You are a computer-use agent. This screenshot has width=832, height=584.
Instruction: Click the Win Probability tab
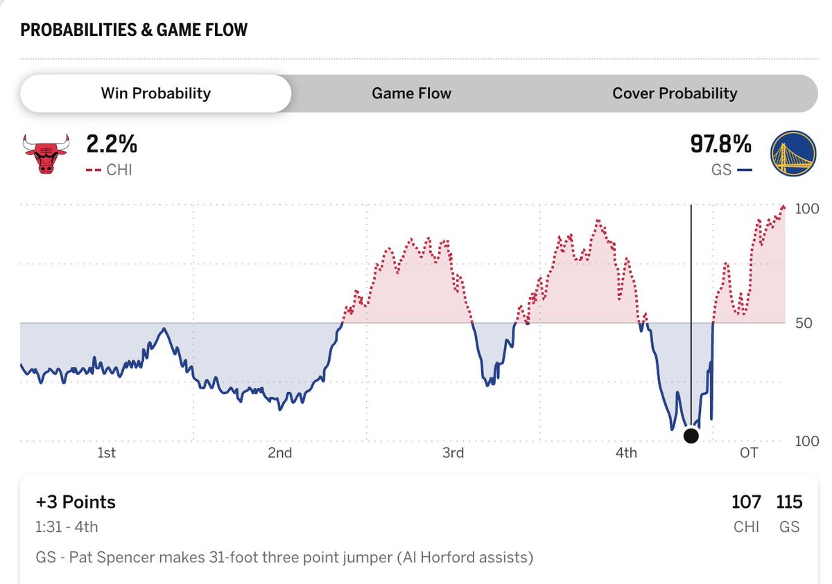coord(155,94)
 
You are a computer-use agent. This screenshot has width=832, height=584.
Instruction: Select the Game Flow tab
coord(411,94)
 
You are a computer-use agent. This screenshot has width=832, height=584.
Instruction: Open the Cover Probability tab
coord(674,94)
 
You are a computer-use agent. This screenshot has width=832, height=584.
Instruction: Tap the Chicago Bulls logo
coord(46,153)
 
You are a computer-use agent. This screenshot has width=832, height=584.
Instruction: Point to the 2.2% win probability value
coord(112,145)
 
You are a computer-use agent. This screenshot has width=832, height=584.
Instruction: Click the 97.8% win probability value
coord(720,145)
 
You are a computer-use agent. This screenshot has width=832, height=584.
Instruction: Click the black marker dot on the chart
coord(691,436)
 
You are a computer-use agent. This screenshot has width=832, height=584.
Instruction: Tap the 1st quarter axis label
coord(106,453)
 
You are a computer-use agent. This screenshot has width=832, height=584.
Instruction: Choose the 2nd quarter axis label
coord(279,453)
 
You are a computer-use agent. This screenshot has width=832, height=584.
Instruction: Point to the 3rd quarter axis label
coord(453,453)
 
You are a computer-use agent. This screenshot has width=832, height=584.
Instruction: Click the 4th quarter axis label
coord(626,453)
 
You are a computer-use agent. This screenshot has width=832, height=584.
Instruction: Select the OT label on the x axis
coord(749,453)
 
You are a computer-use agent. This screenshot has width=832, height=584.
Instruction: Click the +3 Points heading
coord(76,502)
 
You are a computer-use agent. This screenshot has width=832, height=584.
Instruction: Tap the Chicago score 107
coord(746,502)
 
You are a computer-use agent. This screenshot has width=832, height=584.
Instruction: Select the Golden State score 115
coord(789,502)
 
